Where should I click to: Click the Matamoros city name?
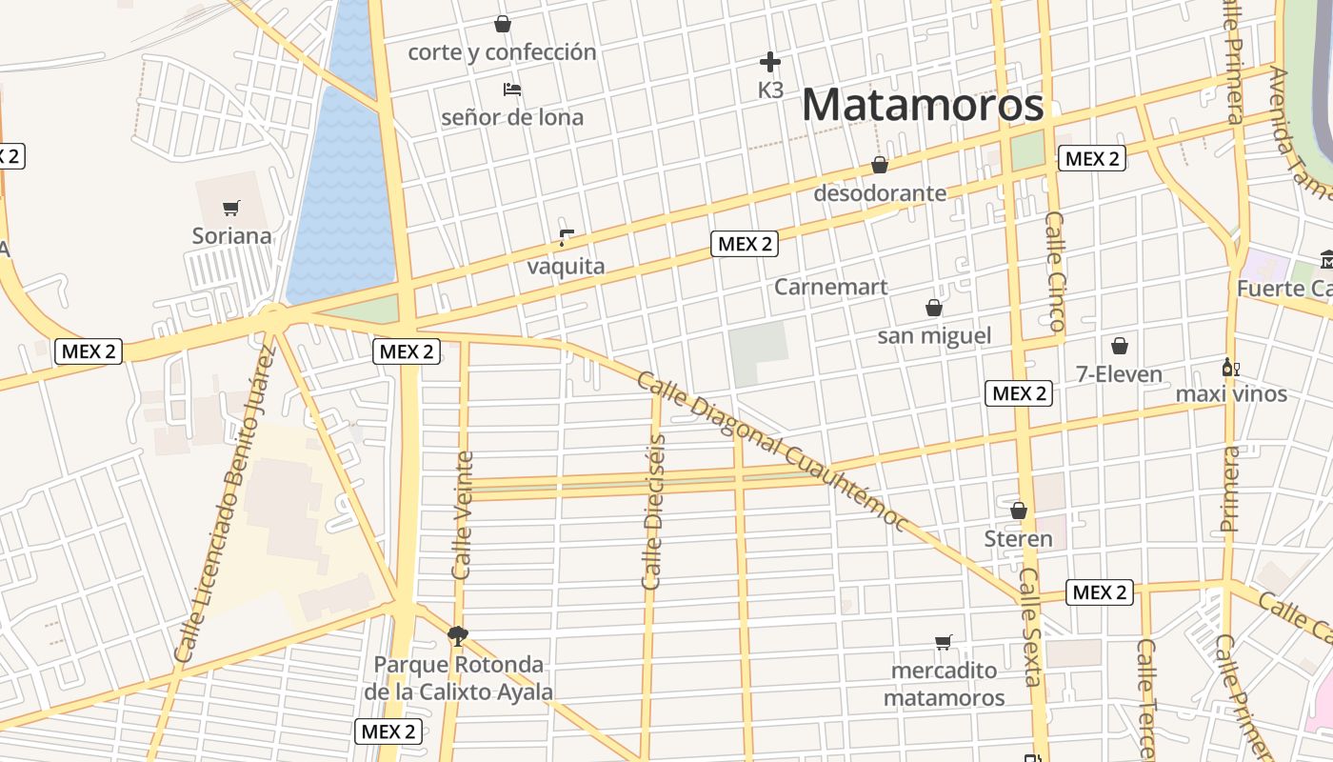click(923, 105)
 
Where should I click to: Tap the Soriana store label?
click(231, 236)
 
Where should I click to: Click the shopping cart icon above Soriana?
click(230, 208)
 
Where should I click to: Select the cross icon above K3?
click(770, 63)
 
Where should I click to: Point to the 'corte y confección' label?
click(502, 52)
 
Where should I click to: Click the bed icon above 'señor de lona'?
click(512, 90)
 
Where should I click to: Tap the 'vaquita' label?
click(566, 266)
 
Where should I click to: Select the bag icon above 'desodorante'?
click(880, 166)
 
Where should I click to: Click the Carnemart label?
click(830, 287)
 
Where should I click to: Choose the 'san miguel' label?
click(934, 335)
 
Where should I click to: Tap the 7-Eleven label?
click(1119, 374)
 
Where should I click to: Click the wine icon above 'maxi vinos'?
click(1231, 368)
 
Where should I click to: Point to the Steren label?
click(1018, 539)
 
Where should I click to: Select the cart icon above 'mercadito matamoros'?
click(944, 642)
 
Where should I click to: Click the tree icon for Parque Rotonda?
click(458, 635)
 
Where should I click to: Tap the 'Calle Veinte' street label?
click(463, 515)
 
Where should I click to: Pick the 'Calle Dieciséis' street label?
click(654, 511)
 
